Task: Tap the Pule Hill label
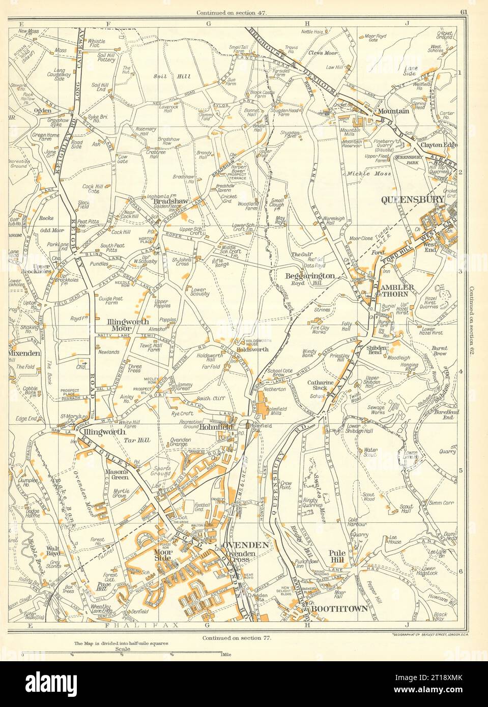[337, 557]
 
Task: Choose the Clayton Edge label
[437, 145]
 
